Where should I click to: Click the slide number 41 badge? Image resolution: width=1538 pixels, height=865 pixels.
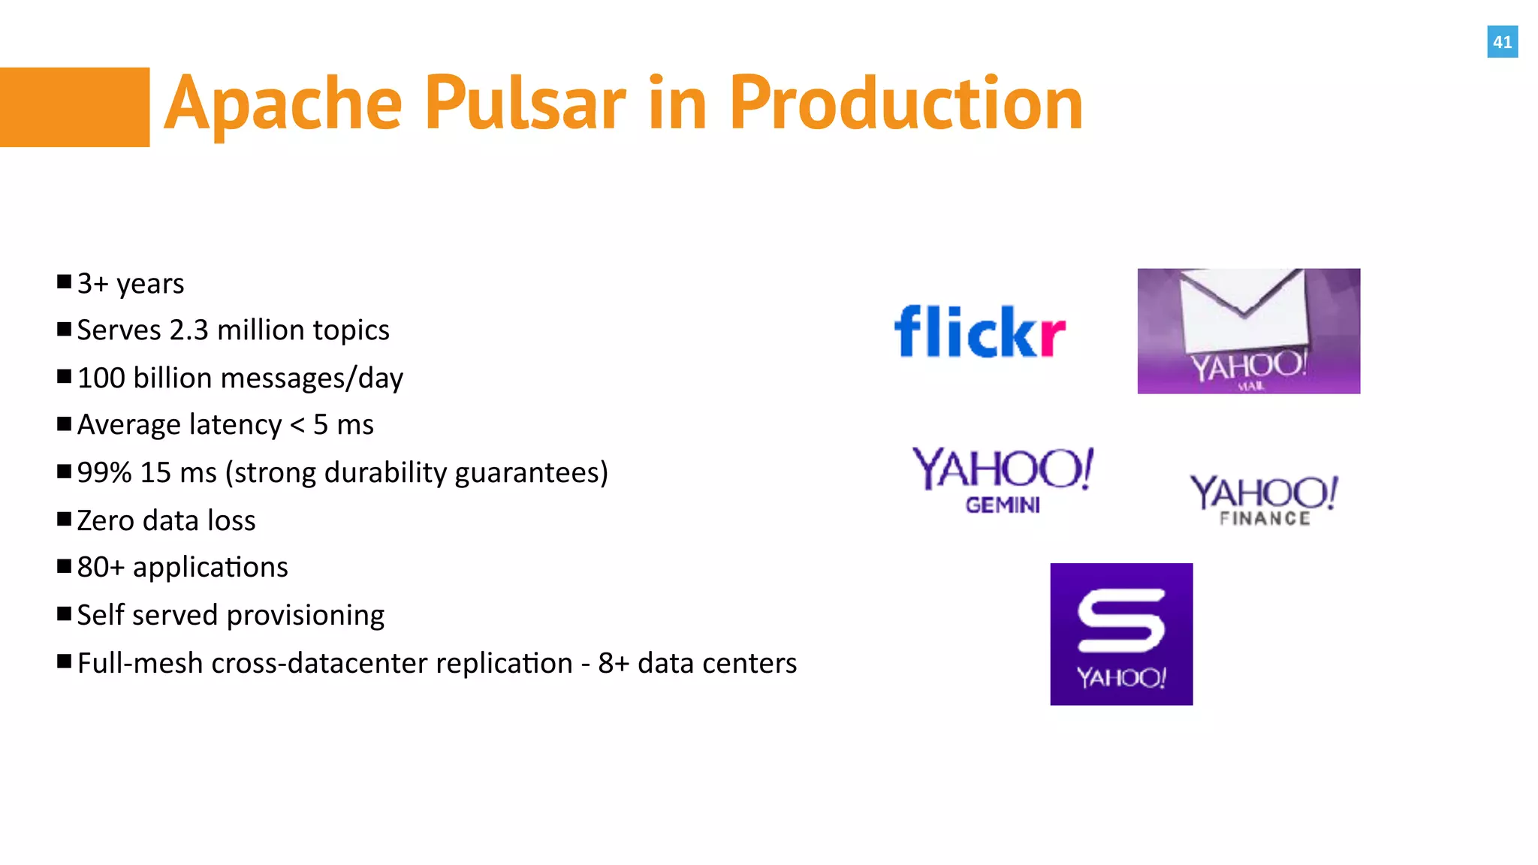point(1502,42)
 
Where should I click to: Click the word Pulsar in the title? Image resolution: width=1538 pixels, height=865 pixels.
point(525,104)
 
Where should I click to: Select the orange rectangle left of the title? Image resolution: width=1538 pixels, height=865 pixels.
point(74,107)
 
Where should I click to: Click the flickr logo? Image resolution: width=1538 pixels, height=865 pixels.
point(979,332)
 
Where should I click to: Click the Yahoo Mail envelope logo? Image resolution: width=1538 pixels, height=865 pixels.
point(1248,330)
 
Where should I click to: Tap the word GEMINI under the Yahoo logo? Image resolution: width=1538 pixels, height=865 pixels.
point(1003,505)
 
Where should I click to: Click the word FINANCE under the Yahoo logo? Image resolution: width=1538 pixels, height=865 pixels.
point(1265,519)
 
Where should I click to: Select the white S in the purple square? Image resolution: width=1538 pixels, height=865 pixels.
point(1120,620)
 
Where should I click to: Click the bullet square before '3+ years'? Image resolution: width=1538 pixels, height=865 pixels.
point(65,282)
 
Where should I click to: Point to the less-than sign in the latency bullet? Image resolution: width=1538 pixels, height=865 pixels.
point(297,426)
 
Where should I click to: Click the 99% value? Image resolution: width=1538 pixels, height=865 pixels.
point(104,473)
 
